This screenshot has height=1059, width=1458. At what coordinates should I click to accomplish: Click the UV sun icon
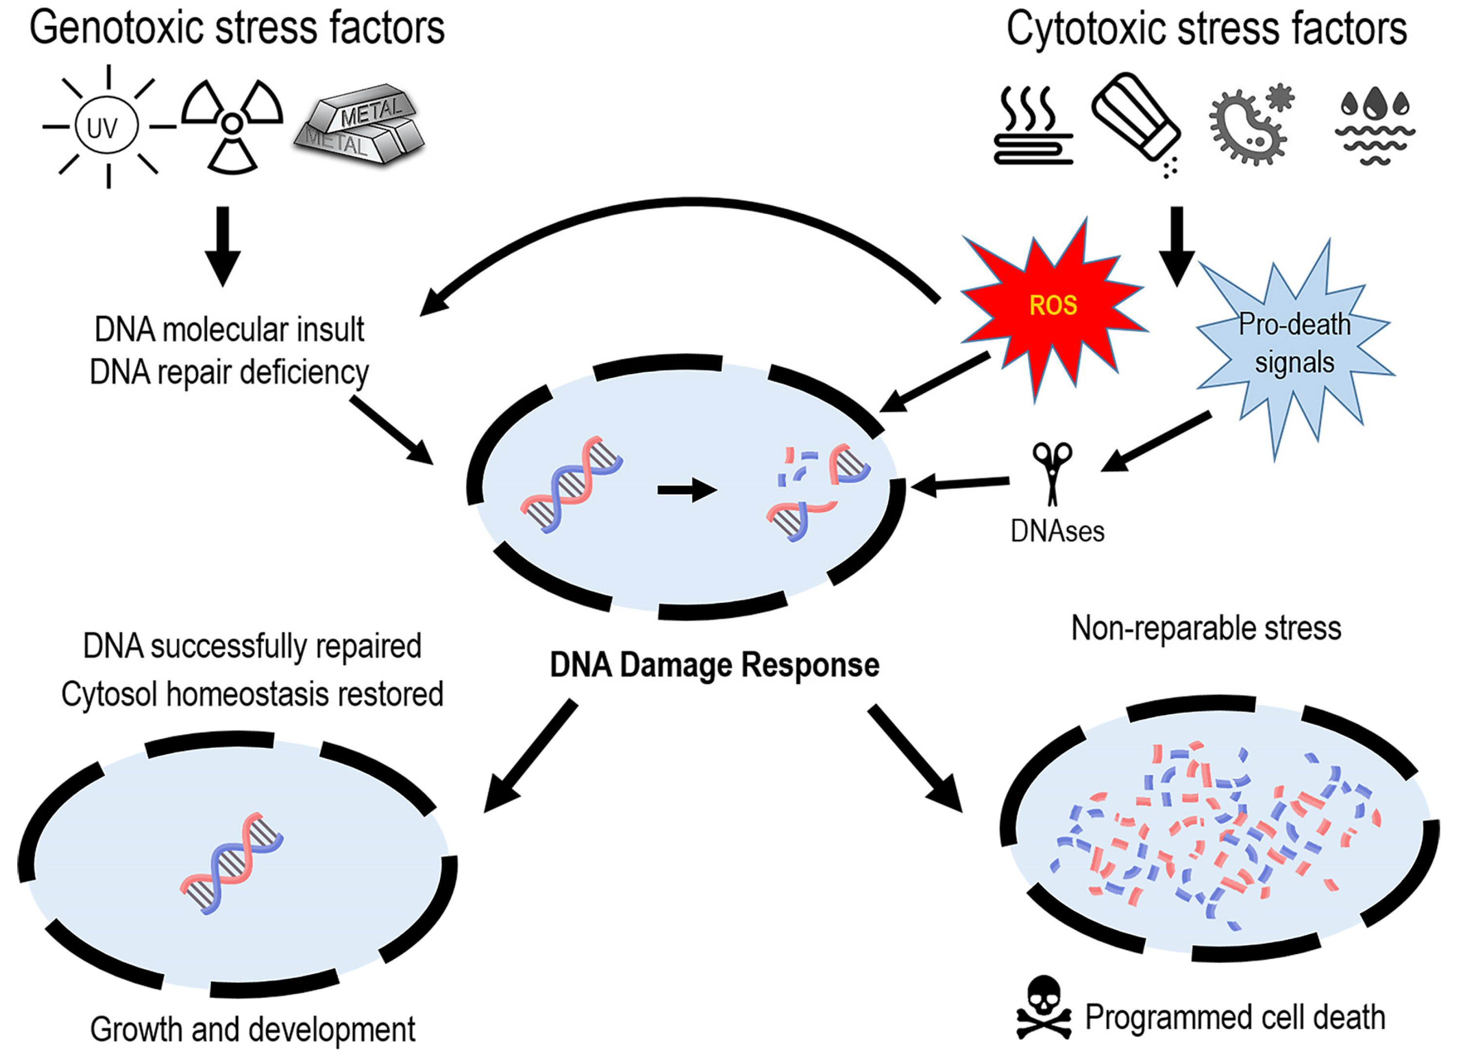tap(108, 127)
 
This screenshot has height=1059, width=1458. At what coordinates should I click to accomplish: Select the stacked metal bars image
tap(359, 124)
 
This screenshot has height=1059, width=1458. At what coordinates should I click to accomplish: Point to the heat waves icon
tap(1033, 126)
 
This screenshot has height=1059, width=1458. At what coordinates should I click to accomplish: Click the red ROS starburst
tap(1053, 310)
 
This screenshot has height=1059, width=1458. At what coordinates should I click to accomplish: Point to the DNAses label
tap(1058, 531)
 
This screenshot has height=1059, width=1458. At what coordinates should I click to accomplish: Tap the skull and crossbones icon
tap(1044, 1008)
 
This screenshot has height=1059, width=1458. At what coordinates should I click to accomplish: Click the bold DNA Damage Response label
tap(714, 665)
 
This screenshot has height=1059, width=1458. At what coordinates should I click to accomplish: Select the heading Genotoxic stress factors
tap(237, 28)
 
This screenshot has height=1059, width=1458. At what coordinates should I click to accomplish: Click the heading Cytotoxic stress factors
tap(1207, 29)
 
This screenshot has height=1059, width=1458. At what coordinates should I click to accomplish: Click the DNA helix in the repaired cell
tap(231, 863)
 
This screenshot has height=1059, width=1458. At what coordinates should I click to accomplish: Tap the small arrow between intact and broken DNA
tap(687, 490)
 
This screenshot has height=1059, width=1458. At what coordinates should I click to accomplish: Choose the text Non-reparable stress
tap(1206, 628)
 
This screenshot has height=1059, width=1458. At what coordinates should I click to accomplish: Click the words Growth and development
tap(252, 1029)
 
